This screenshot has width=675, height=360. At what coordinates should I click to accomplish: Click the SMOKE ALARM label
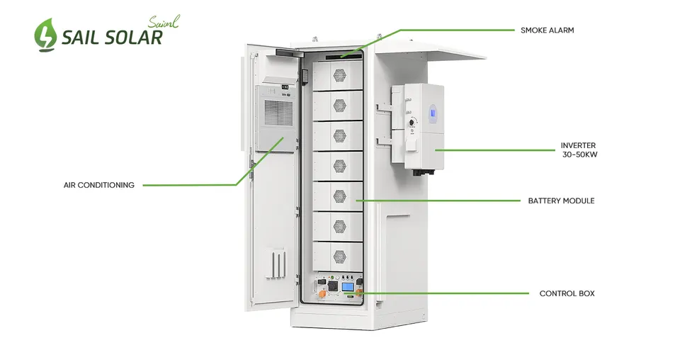pos(547,30)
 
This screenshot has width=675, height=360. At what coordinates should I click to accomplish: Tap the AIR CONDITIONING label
pos(99,185)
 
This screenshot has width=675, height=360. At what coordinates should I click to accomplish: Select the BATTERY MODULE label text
pos(562,201)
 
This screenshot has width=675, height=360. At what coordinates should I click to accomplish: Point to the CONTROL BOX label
pos(567,293)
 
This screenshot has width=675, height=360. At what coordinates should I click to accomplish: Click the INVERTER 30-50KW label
pos(579,150)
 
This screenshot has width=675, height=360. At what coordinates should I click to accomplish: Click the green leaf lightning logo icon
pos(45,35)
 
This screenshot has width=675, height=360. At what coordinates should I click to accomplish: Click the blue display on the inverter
pos(432,113)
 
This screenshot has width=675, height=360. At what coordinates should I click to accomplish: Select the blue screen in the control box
pos(348,287)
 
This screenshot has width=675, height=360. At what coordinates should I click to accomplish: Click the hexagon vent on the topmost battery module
pos(340,75)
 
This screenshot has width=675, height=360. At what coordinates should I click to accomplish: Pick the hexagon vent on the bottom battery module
pos(340,257)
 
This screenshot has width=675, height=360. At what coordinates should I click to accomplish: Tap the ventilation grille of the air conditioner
pos(278,113)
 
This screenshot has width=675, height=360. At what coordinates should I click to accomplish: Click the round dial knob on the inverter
pos(412,123)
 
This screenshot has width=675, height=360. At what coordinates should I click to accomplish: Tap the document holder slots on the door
pos(276,263)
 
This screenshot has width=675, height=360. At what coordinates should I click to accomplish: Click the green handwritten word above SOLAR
pos(164,21)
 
